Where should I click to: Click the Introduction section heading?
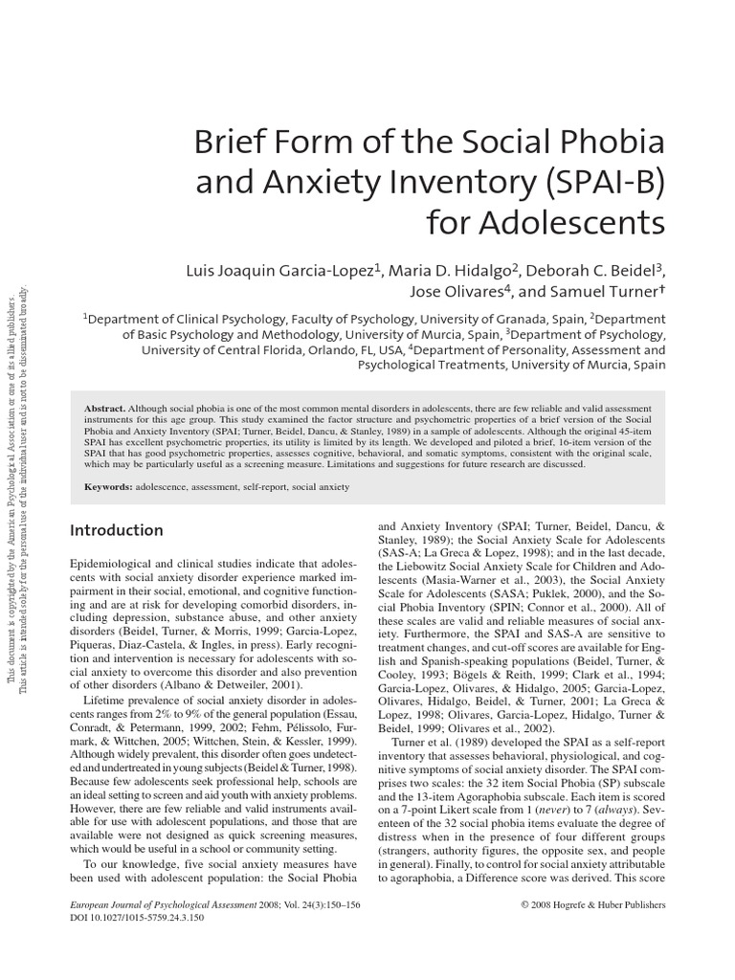pyautogui.click(x=118, y=530)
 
